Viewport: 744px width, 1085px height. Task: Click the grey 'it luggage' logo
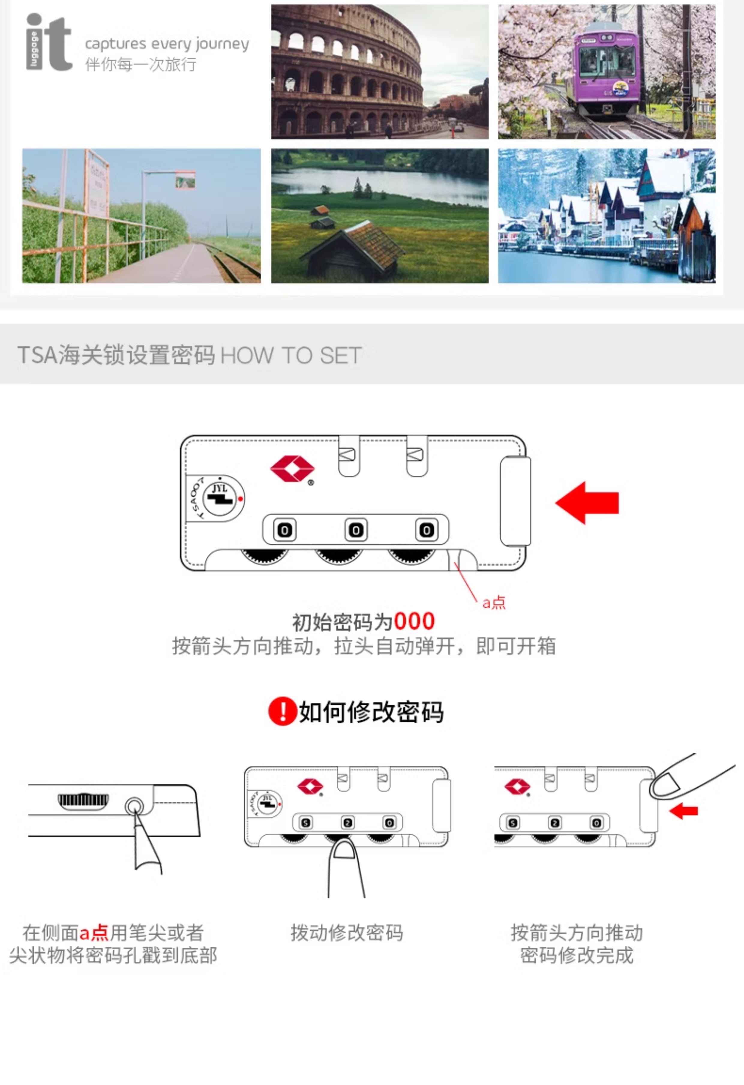tap(49, 43)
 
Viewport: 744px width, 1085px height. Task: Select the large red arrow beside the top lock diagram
tap(587, 503)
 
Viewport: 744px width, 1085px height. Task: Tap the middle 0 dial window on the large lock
tap(356, 530)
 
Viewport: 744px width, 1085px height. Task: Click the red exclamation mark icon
tap(282, 711)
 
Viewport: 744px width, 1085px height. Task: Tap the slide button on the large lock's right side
tap(515, 501)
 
